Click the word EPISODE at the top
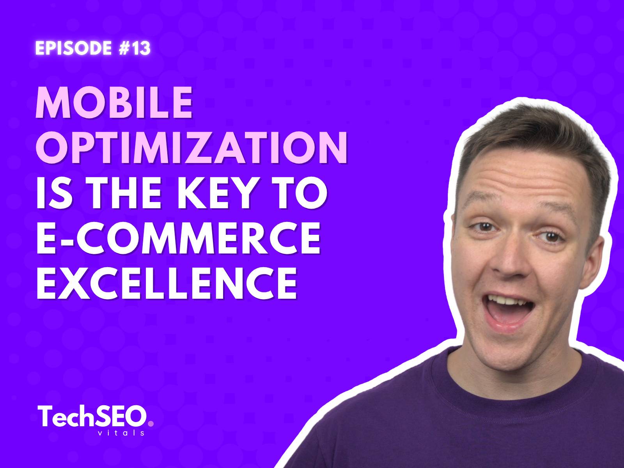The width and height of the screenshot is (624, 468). coord(73,48)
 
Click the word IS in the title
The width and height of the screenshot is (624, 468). coord(54,193)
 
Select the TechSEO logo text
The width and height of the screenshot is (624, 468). coord(92,416)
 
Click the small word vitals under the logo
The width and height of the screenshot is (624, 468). coord(121,433)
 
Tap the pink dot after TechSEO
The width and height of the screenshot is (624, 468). coord(151,424)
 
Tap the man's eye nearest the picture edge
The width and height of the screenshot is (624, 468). coord(551,237)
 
